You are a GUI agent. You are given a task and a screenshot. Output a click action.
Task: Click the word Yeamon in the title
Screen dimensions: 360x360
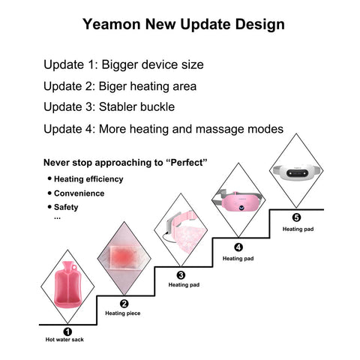(x=112, y=24)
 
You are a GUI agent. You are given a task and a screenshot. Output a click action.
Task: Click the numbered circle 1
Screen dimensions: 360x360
(x=67, y=331)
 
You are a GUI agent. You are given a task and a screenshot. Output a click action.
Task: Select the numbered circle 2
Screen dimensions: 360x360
(x=124, y=304)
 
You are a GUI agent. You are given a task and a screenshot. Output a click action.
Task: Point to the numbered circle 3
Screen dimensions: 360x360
(x=181, y=275)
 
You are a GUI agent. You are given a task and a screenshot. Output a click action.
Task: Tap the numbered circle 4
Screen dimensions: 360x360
(x=238, y=247)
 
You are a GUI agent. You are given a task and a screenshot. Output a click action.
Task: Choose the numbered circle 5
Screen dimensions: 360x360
(x=296, y=217)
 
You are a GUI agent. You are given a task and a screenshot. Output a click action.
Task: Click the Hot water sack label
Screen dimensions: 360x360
(x=64, y=340)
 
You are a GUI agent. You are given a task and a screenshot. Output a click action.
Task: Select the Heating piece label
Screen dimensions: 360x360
(x=123, y=313)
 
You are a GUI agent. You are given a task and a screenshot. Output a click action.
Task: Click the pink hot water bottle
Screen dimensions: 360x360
(x=67, y=284)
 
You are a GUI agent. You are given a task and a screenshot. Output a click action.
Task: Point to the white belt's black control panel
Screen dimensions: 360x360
(x=297, y=172)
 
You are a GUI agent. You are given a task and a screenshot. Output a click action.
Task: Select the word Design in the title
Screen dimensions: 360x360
(x=259, y=25)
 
